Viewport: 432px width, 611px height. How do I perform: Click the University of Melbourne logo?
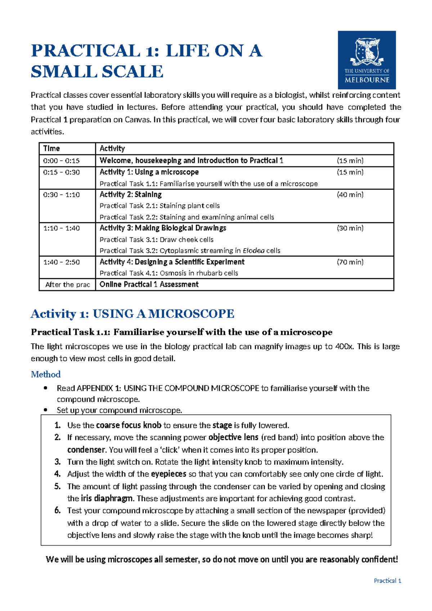point(366,60)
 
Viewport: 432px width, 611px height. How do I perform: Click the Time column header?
point(51,148)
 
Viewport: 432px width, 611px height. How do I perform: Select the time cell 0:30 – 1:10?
point(61,195)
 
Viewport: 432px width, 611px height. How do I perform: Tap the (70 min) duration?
point(350,262)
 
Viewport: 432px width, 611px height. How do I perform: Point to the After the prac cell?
point(68,285)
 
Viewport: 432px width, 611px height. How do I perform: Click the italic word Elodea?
point(253,250)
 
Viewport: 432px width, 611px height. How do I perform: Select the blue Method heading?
point(46,374)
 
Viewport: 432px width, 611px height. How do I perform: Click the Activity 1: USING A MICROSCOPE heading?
point(132,313)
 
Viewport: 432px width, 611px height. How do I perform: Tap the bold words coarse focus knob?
point(129,425)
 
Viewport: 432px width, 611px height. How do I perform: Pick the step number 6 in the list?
point(58,510)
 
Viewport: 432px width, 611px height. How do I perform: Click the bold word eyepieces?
point(168,474)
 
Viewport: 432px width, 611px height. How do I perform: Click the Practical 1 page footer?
point(387,580)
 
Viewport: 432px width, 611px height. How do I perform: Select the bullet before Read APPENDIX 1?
point(45,388)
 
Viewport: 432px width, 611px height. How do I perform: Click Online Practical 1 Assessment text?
point(149,284)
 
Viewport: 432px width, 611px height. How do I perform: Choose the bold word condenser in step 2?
point(86,450)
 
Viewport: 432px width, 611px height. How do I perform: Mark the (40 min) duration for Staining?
point(350,195)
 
